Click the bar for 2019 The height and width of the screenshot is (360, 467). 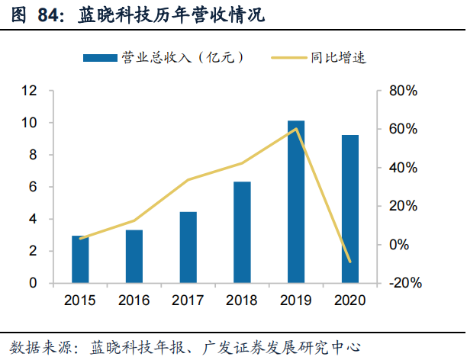[296, 202]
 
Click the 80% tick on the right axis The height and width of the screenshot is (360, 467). [402, 91]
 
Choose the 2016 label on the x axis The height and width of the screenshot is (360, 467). [134, 300]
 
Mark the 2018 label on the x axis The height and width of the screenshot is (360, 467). [242, 300]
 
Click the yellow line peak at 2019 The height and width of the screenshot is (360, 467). [296, 129]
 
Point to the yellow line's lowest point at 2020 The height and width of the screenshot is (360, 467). [349, 262]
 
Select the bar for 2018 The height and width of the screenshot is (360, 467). [242, 232]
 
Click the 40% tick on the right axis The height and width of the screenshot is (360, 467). [402, 168]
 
